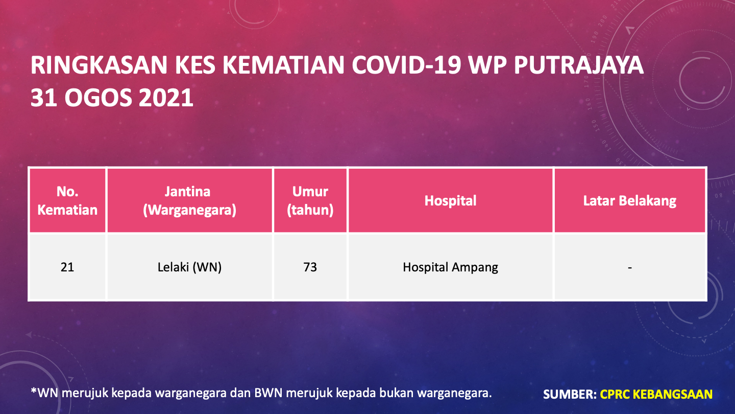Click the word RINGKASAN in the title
(99, 65)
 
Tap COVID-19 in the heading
(406, 65)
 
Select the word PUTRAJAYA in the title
(579, 65)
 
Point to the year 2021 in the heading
(166, 98)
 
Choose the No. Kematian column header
(67, 200)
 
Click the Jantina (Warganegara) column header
(190, 201)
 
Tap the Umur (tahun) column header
(310, 201)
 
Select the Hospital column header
(450, 200)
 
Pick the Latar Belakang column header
(630, 201)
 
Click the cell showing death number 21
(67, 267)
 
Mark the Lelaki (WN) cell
(190, 267)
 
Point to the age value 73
(310, 267)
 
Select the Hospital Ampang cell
(450, 267)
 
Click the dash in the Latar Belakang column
(630, 268)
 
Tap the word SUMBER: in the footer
(570, 394)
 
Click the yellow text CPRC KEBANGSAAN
(656, 394)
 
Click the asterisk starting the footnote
(34, 390)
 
